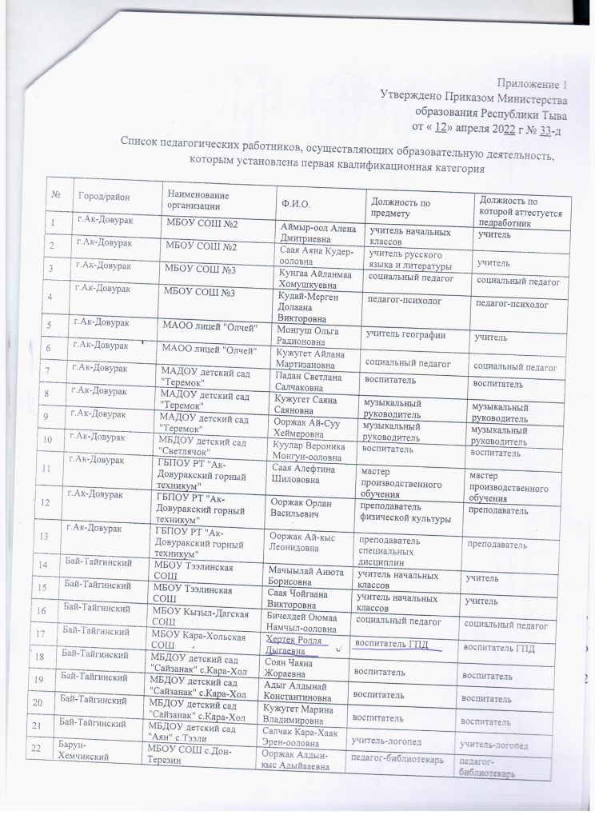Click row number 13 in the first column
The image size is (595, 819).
point(53,537)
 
